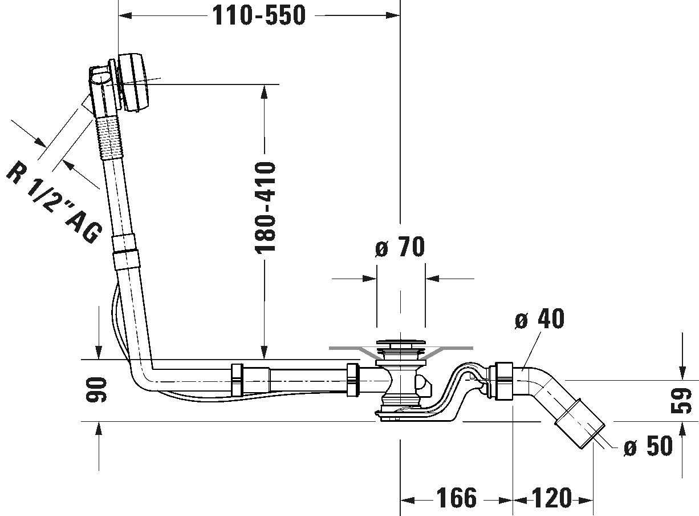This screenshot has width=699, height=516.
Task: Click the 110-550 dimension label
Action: pyautogui.click(x=259, y=15)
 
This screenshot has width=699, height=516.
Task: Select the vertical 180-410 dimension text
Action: pyautogui.click(x=265, y=207)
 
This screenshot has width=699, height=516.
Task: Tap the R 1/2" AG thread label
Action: pyautogui.click(x=54, y=202)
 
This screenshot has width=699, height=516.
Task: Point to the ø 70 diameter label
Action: pyautogui.click(x=400, y=247)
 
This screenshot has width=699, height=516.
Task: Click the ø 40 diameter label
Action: pyautogui.click(x=539, y=319)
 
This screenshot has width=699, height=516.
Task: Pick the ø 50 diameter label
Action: pyautogui.click(x=648, y=446)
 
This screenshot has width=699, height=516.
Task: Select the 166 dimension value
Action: pyautogui.click(x=457, y=498)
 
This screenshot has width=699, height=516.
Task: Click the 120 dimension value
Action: pyautogui.click(x=552, y=498)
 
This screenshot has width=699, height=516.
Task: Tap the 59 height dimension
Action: pyautogui.click(x=681, y=401)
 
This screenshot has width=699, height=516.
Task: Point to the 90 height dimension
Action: pyautogui.click(x=96, y=390)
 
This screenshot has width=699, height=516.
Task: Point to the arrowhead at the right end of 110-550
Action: pyautogui.click(x=393, y=15)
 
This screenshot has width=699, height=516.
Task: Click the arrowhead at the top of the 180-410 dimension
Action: pyautogui.click(x=265, y=92)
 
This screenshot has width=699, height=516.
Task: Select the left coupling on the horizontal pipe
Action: pyautogui.click(x=237, y=380)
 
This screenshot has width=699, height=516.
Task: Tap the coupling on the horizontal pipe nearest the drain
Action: pyautogui.click(x=353, y=380)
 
